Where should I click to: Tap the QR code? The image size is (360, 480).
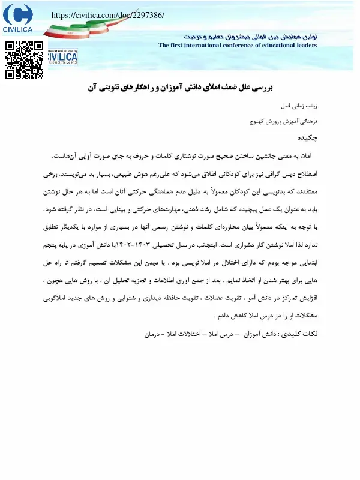click(x=25, y=59)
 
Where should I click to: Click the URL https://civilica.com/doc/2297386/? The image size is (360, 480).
click(x=109, y=14)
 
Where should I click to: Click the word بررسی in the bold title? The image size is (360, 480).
click(x=260, y=88)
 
